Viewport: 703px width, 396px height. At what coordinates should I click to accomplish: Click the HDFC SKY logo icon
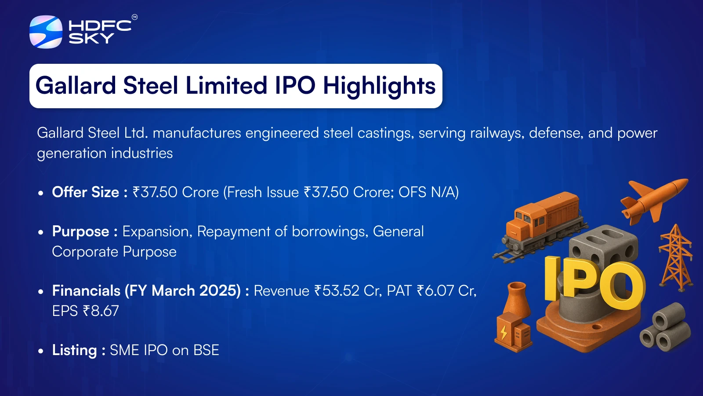pyautogui.click(x=46, y=32)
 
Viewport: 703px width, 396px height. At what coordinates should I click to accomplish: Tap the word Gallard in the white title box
pyautogui.click(x=76, y=85)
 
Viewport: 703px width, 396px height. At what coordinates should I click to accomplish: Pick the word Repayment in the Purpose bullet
pyautogui.click(x=233, y=232)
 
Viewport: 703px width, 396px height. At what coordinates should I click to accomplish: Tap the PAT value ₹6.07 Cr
pyautogui.click(x=445, y=290)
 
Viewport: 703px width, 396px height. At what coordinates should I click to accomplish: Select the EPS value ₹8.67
pyautogui.click(x=101, y=311)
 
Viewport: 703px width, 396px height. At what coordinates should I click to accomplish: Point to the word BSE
pyautogui.click(x=206, y=350)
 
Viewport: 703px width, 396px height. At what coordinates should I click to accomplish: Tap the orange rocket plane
pyautogui.click(x=654, y=201)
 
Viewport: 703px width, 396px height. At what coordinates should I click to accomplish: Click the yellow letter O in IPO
pyautogui.click(x=620, y=286)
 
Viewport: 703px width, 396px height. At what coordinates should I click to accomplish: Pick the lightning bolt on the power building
pyautogui.click(x=504, y=332)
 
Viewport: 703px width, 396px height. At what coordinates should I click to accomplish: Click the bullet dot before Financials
pyautogui.click(x=40, y=291)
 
